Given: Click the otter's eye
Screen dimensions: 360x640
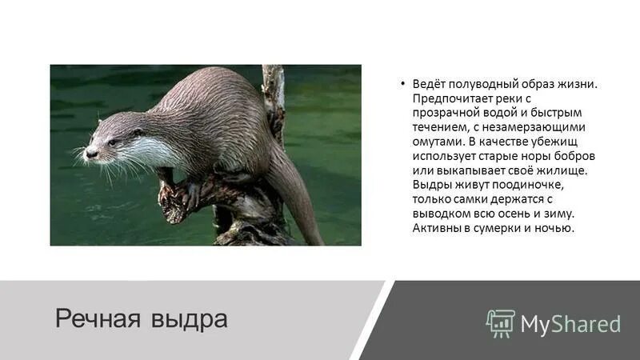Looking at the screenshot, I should tap(112, 142).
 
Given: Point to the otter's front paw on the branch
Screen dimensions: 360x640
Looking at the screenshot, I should tap(190, 192).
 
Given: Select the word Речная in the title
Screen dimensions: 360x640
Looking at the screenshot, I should tap(97, 318).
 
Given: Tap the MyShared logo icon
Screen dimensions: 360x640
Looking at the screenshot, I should tap(499, 322).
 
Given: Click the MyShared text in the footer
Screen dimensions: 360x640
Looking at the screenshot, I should tap(570, 323).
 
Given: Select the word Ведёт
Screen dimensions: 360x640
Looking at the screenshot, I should tap(429, 84).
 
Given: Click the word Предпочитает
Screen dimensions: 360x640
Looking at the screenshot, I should tap(450, 98).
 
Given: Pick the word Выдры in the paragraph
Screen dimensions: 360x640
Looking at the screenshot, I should tap(430, 185).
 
